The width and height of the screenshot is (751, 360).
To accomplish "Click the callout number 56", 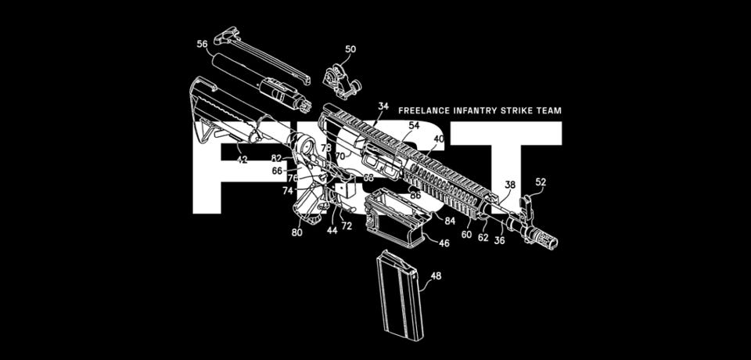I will pos(202,44).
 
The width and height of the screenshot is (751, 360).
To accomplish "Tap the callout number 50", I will pos(350,49).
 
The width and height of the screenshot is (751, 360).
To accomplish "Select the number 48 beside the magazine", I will pos(436,275).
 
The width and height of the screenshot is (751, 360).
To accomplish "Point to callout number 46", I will pos(444,243).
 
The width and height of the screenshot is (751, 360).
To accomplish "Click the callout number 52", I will pos(541,182).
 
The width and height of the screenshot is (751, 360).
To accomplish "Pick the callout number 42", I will pos(242,159).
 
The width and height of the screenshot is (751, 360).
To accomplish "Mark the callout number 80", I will pos(297,232).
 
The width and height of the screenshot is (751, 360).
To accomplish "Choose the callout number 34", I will pos(383,106).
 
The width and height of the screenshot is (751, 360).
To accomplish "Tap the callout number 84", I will pos(451,221).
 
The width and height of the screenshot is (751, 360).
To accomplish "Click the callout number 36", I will pos(499,240).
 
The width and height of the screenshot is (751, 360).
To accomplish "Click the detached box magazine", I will pos(401,293).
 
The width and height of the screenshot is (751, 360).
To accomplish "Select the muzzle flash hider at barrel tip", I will pos(544,237).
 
